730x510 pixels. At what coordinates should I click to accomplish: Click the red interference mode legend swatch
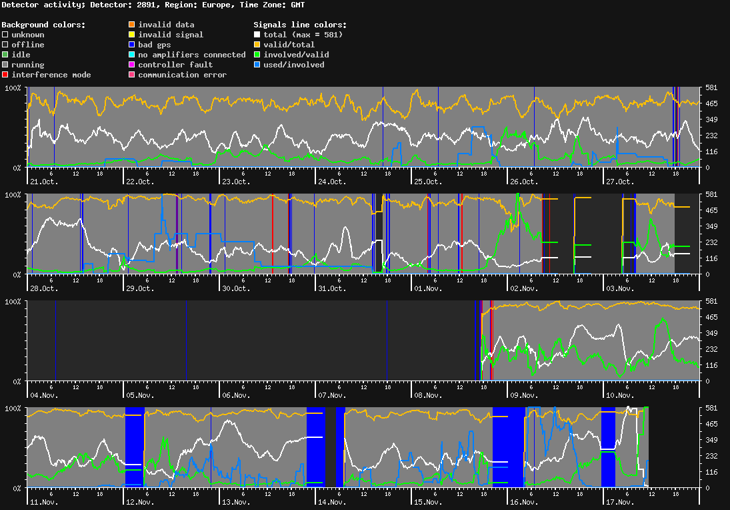pos(5,75)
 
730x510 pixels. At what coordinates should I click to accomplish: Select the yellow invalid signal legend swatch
pos(131,35)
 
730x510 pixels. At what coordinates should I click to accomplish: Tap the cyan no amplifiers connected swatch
pos(131,55)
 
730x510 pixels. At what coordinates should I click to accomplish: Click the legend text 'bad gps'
pos(155,45)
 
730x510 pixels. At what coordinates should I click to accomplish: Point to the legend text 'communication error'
pos(182,75)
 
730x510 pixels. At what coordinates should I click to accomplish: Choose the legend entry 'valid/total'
pos(287,45)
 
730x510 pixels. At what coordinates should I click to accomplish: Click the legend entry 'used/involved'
pos(294,65)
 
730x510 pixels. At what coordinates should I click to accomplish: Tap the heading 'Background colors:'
pos(43,25)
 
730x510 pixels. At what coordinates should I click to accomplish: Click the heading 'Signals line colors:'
pos(300,25)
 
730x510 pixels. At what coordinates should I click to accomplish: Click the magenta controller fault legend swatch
pos(131,65)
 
